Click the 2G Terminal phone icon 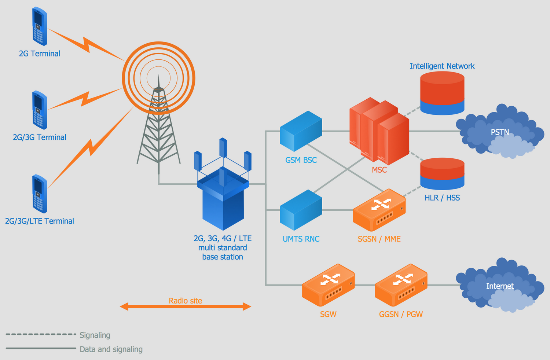pyautogui.click(x=39, y=26)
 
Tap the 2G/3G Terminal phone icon pyautogui.click(x=39, y=110)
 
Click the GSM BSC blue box pyautogui.click(x=301, y=131)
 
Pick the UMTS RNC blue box pyautogui.click(x=301, y=210)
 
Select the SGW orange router pyautogui.click(x=328, y=285)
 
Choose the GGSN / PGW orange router pyautogui.click(x=401, y=285)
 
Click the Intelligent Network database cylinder pyautogui.click(x=442, y=93)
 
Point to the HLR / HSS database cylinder pyautogui.click(x=442, y=174)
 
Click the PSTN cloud pyautogui.click(x=500, y=132)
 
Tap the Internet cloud pyautogui.click(x=500, y=286)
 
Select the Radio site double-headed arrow pyautogui.click(x=186, y=306)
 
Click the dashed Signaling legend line pyautogui.click(x=41, y=334)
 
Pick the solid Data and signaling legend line pyautogui.click(x=41, y=348)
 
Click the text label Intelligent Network pyautogui.click(x=442, y=66)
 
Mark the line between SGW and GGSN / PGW pyautogui.click(x=364, y=285)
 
